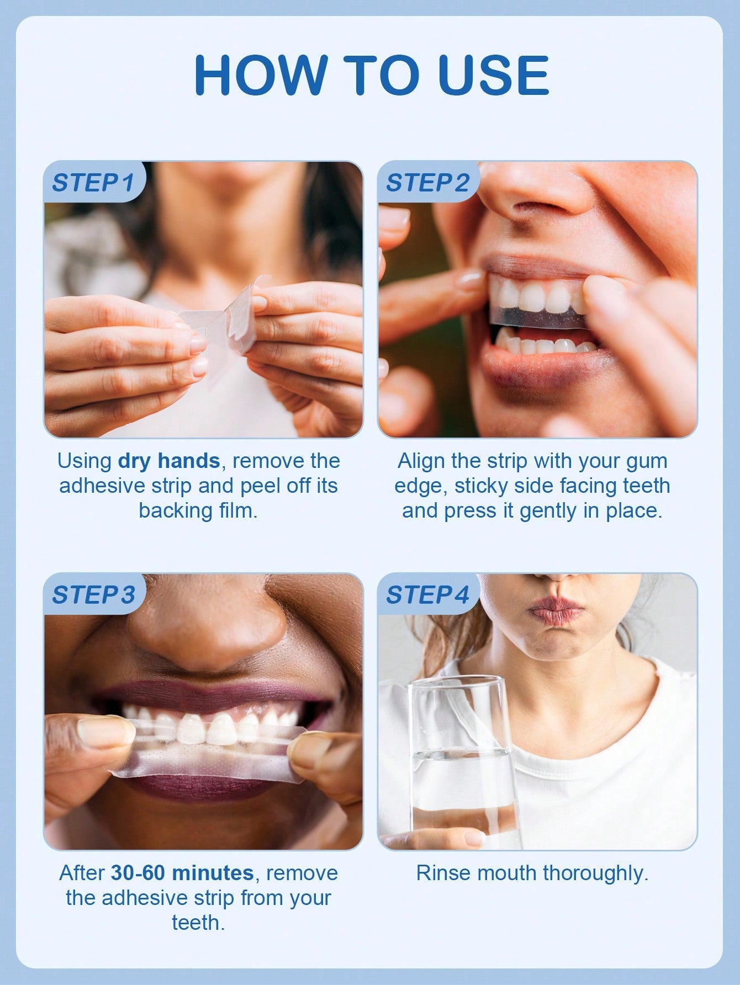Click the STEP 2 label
pyautogui.click(x=427, y=183)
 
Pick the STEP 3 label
pyautogui.click(x=93, y=595)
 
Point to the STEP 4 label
pyautogui.click(x=427, y=595)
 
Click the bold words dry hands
pyautogui.click(x=169, y=461)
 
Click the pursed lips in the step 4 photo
pyautogui.click(x=555, y=611)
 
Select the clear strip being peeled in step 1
pyautogui.click(x=221, y=326)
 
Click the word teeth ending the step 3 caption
pyautogui.click(x=198, y=923)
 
